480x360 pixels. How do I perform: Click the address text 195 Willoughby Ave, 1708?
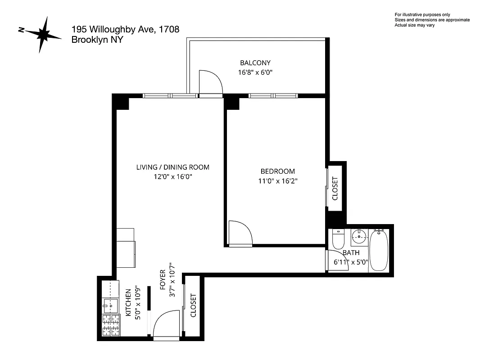tap(125, 30)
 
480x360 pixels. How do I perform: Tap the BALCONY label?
tap(255, 63)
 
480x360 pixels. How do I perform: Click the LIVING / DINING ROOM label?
tap(173, 167)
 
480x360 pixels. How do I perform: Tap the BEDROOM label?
tap(278, 171)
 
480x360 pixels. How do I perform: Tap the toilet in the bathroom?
tap(338, 240)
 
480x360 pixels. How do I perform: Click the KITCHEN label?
tap(128, 303)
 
